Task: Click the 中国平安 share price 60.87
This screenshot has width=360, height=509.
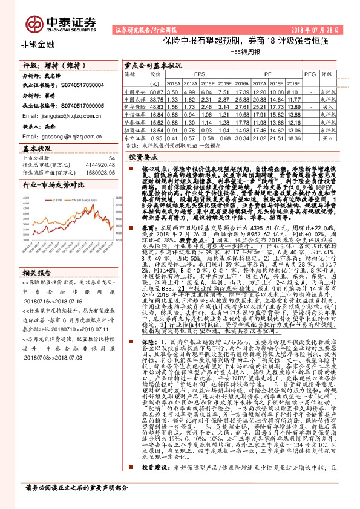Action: [157, 91]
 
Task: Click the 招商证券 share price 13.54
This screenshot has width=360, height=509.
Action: [157, 130]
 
